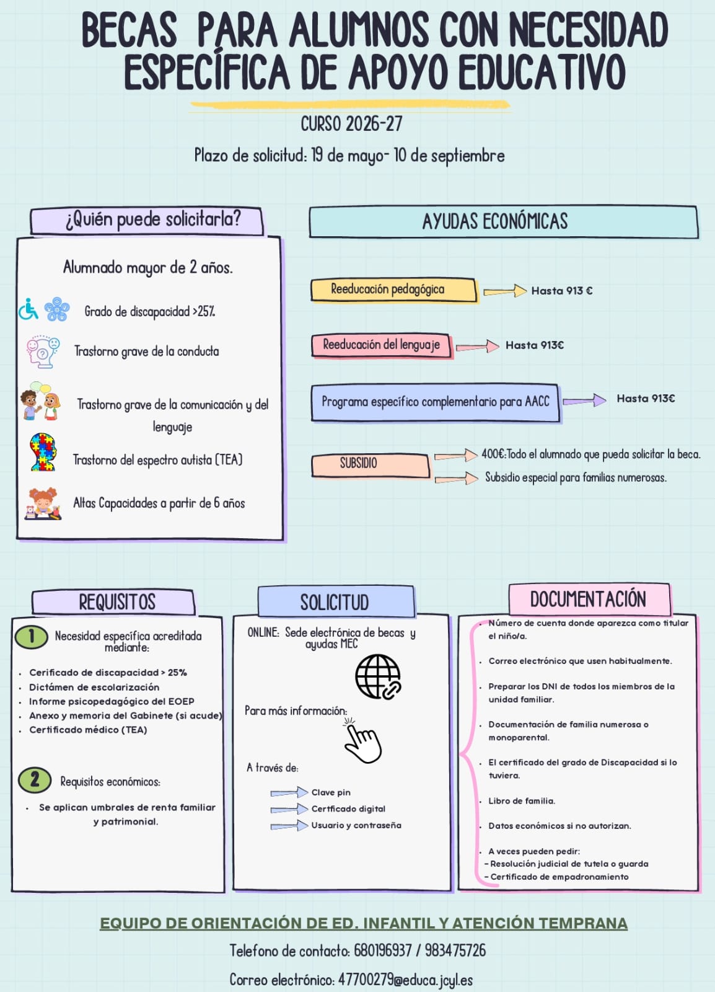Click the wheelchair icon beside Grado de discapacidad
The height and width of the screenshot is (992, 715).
[29, 309]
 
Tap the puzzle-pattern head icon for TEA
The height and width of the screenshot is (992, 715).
[43, 452]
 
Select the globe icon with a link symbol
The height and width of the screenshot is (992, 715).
[378, 676]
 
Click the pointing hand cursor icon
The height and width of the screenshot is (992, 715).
[362, 741]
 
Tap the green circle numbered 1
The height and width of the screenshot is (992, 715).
[32, 637]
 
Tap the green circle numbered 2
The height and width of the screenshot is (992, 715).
[35, 780]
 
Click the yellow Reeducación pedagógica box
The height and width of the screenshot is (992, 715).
[394, 290]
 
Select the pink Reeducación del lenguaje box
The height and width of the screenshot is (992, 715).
[382, 345]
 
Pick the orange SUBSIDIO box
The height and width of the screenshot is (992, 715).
[371, 465]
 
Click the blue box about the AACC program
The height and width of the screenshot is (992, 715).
[436, 402]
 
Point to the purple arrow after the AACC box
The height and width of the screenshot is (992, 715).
[584, 401]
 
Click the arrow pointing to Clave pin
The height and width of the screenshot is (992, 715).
[289, 792]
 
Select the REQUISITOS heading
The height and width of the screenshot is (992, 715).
[117, 602]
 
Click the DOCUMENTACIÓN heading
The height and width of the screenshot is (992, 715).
[588, 599]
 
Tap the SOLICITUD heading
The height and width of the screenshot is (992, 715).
[335, 602]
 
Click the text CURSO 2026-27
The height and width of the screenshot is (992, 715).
[352, 124]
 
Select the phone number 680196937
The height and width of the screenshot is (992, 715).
[383, 950]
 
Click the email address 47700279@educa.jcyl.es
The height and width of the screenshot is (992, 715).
[405, 979]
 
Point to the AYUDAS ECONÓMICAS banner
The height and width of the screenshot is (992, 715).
[504, 221]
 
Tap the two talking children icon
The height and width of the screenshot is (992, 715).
[40, 401]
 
